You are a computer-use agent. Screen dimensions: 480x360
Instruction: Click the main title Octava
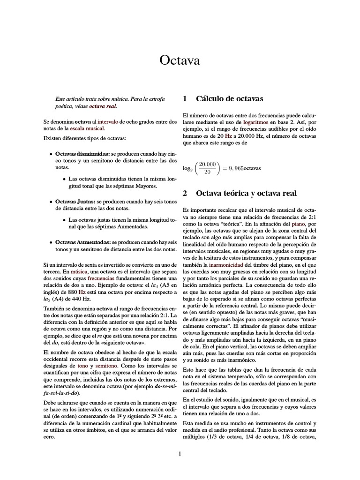(180, 60)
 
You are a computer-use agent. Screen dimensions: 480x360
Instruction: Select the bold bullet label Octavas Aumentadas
(82, 242)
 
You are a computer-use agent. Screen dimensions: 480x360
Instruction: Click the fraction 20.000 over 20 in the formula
(207, 167)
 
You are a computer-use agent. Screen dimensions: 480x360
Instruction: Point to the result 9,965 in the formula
(236, 168)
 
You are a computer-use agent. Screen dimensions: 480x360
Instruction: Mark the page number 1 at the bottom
(180, 453)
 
